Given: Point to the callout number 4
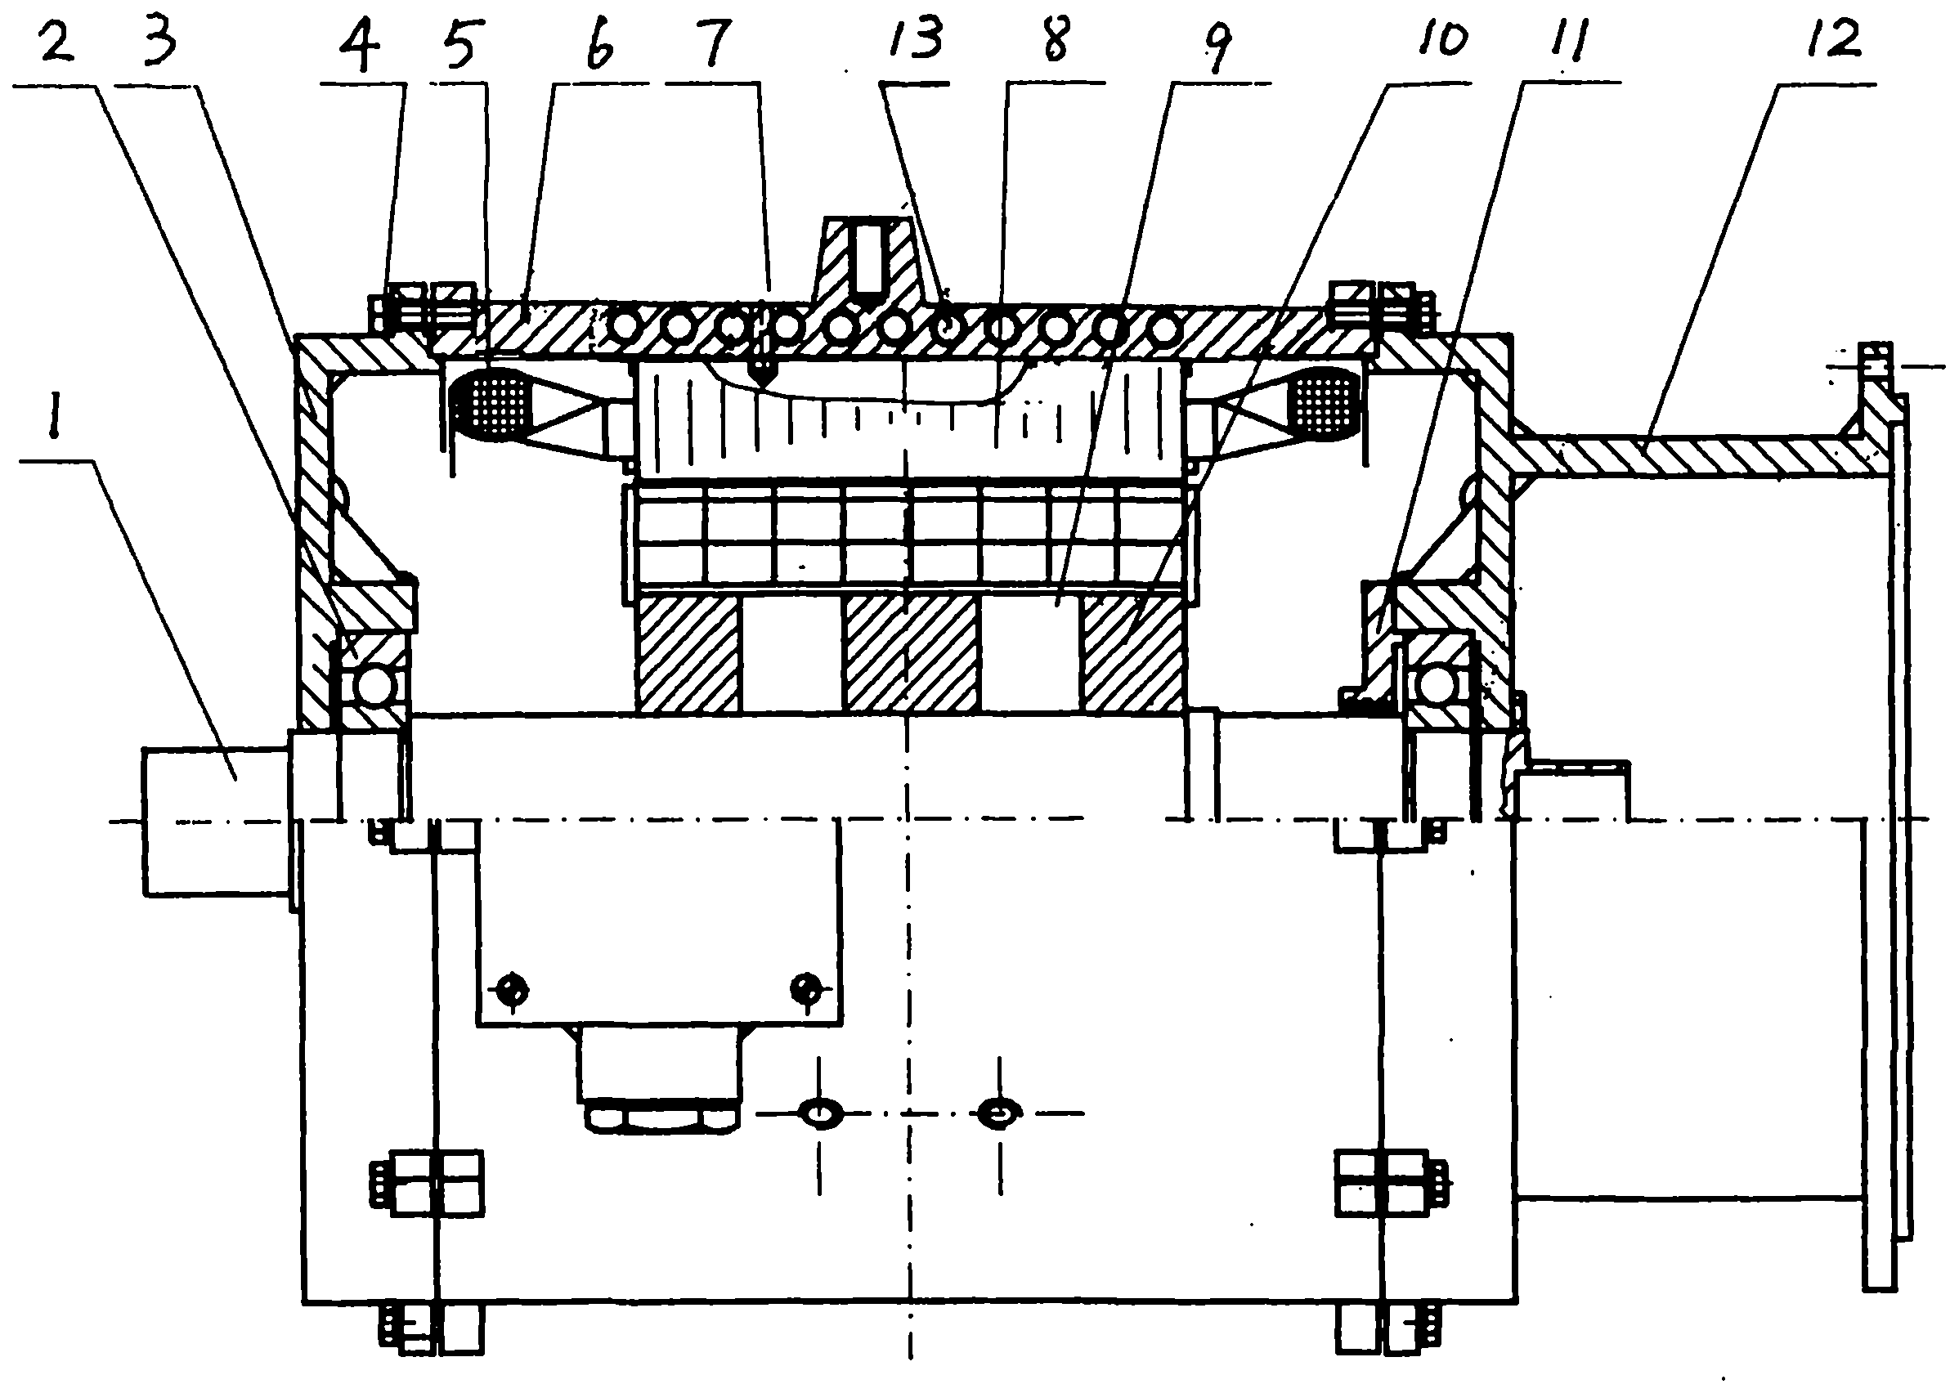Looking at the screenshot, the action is [360, 47].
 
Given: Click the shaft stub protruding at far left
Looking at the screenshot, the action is [217, 821].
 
